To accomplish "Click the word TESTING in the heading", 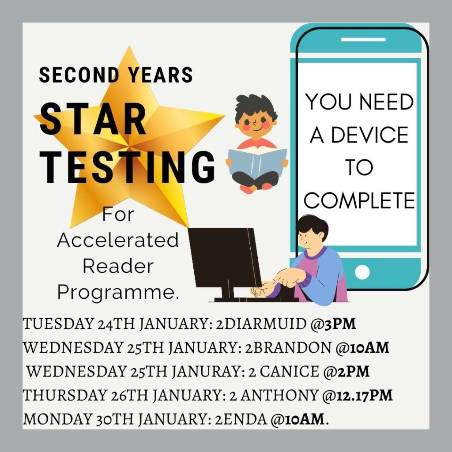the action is [127, 167].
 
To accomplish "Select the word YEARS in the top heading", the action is [161, 75].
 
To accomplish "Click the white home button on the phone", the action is [362, 272].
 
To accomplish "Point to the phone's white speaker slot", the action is [363, 39].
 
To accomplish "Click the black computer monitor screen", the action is [225, 257].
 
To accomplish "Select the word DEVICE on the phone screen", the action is [370, 135].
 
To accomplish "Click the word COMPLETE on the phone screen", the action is [359, 200].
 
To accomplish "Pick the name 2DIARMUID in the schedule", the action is [261, 324].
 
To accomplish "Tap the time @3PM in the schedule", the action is [333, 324].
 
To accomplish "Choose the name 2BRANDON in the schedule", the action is [288, 347].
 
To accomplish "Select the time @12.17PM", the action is [358, 395].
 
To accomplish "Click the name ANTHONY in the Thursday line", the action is [279, 395].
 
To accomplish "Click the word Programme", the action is [118, 292].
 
